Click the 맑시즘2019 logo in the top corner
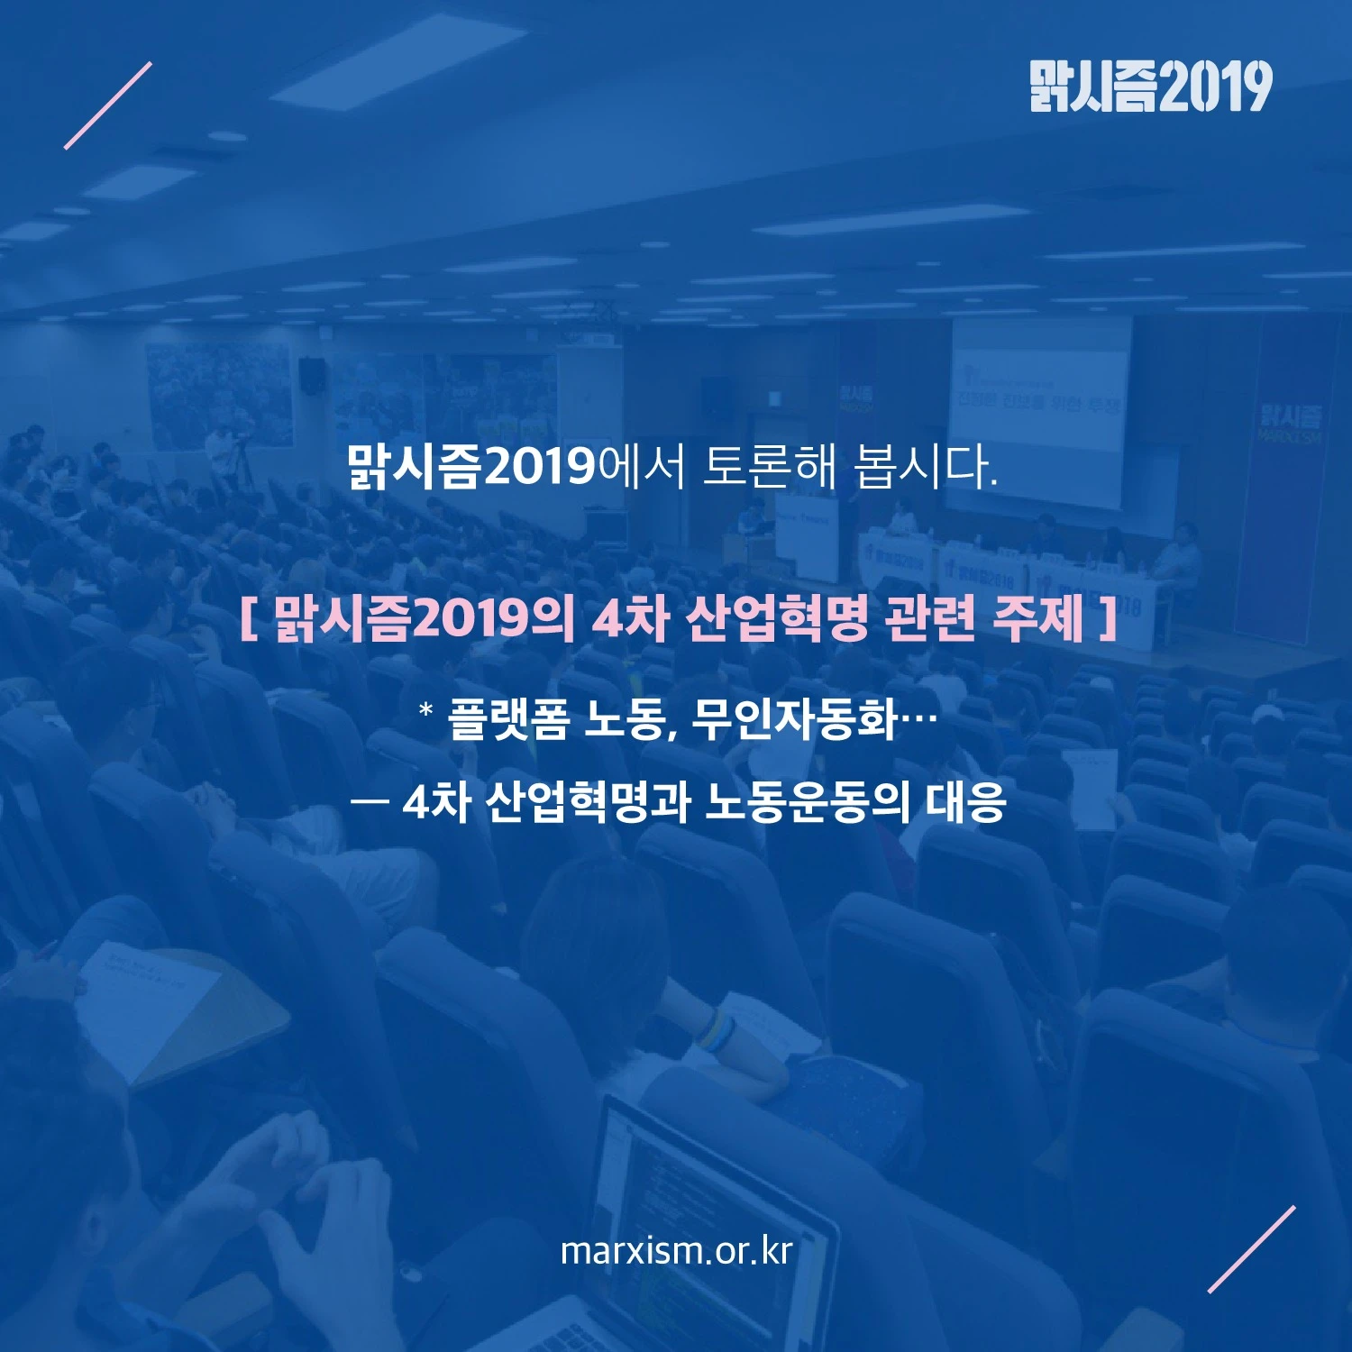click(1151, 87)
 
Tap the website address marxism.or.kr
click(676, 1251)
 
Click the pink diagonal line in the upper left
click(108, 105)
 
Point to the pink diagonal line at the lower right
click(1252, 1249)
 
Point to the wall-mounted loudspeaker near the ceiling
click(312, 377)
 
